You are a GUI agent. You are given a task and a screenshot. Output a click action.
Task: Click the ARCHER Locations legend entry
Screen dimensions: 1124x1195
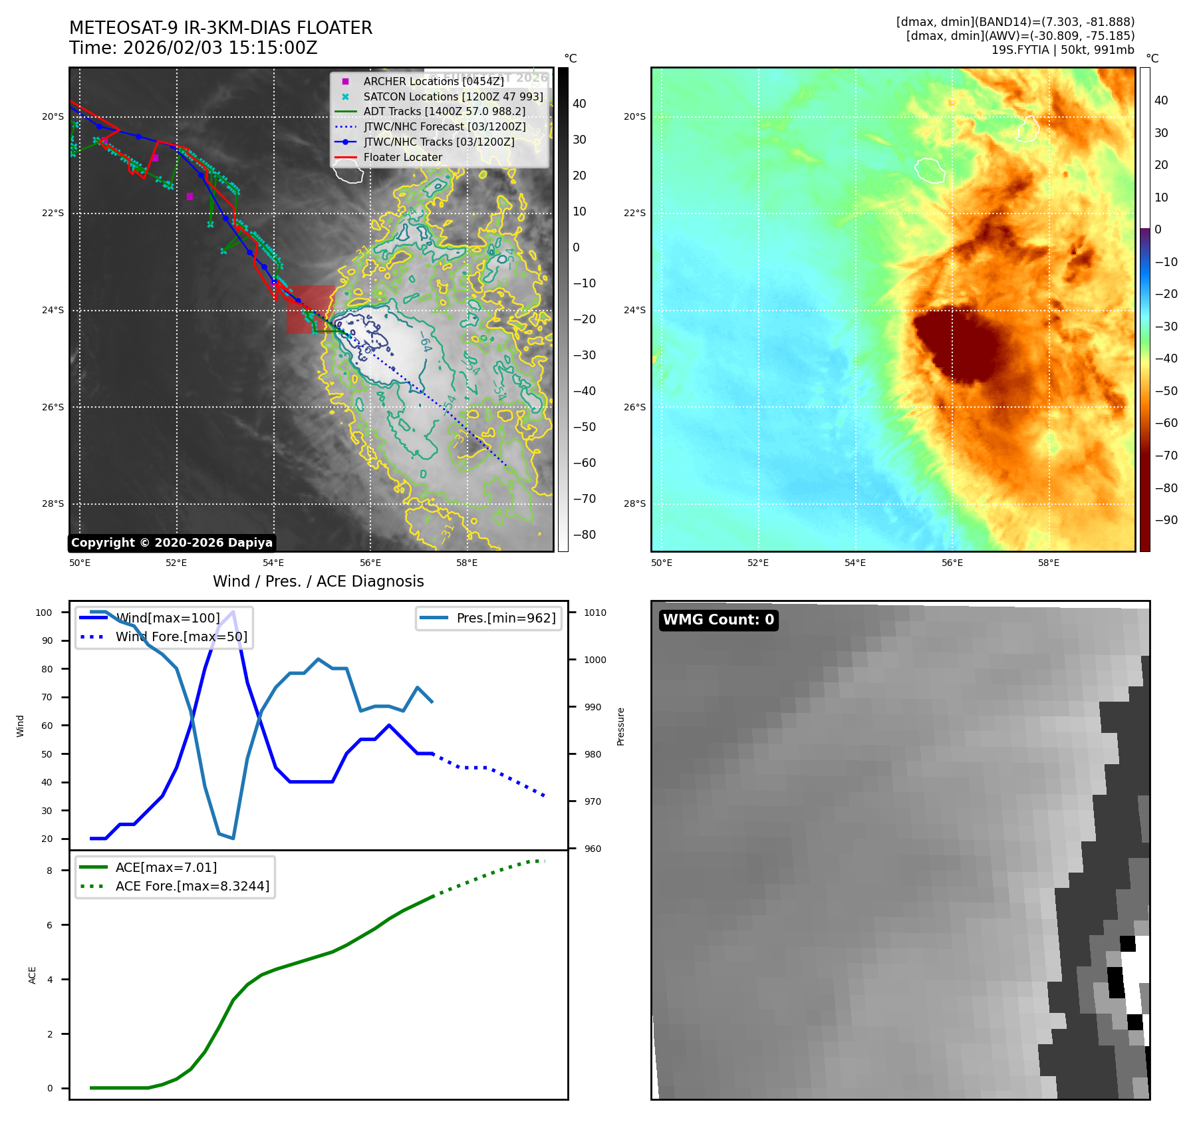tap(433, 81)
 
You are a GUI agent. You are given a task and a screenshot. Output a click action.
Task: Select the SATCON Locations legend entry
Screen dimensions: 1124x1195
tap(453, 96)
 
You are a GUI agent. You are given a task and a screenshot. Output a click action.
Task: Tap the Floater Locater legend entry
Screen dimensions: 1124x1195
tap(402, 158)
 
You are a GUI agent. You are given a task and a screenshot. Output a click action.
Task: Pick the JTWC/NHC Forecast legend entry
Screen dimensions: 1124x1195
tap(444, 126)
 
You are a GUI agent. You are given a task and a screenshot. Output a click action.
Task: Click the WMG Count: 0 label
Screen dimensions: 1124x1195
tap(718, 620)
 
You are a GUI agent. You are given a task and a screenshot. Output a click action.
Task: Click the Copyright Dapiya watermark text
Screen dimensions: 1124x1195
tap(172, 543)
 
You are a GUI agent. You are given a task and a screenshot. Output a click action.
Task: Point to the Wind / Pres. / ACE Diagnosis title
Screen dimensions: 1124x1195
tap(318, 581)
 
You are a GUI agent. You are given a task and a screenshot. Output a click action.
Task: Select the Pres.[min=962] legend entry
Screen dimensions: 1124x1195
tap(505, 618)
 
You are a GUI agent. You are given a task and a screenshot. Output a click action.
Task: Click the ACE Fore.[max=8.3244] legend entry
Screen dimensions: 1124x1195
tap(192, 886)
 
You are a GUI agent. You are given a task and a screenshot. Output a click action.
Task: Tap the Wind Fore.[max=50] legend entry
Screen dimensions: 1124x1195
tap(181, 636)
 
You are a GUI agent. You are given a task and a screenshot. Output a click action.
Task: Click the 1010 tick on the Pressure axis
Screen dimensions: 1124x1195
tap(595, 613)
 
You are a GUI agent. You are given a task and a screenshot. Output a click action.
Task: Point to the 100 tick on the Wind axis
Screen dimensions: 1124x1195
tap(44, 613)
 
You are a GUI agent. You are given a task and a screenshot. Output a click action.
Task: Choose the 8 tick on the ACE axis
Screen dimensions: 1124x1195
tap(49, 871)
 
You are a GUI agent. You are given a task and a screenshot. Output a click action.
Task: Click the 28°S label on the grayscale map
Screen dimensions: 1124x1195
tap(53, 503)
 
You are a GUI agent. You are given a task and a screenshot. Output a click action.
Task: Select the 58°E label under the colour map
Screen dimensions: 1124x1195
tap(1049, 563)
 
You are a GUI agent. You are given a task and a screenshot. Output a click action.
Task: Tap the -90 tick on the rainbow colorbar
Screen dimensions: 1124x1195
tap(1166, 520)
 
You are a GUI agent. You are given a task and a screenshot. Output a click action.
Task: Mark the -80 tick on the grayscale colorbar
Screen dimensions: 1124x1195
tap(584, 535)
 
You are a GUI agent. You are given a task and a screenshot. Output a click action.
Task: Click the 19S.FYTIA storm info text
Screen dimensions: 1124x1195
tap(1062, 50)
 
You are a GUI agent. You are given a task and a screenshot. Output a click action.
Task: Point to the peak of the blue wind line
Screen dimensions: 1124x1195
tap(233, 612)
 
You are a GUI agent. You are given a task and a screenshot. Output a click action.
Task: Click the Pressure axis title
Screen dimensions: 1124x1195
tap(620, 726)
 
